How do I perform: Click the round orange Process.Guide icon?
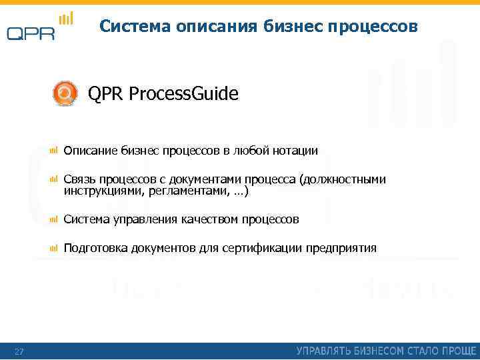pos(65,93)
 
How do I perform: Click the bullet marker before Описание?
pos(53,151)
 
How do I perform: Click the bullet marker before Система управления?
pos(53,219)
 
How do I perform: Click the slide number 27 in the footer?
pos(19,351)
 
